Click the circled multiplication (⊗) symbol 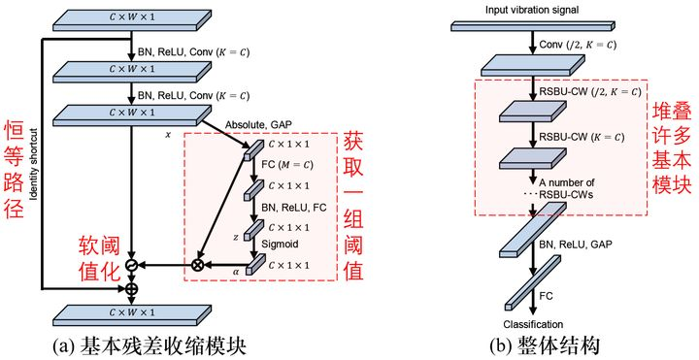[197, 265]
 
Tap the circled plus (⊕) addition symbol [131, 288]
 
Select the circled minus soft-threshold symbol [131, 265]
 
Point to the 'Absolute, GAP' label [258, 125]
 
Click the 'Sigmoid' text [280, 245]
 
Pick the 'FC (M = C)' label [287, 165]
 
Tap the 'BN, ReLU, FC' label [294, 208]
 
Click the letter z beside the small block [236, 238]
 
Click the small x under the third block [168, 134]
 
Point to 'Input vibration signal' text [532, 10]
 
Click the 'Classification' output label [533, 324]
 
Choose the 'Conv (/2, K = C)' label [578, 45]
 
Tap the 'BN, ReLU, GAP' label [576, 245]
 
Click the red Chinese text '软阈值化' [99, 259]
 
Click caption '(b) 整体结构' [545, 346]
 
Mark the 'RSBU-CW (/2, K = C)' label [590, 92]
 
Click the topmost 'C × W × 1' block [131, 20]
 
